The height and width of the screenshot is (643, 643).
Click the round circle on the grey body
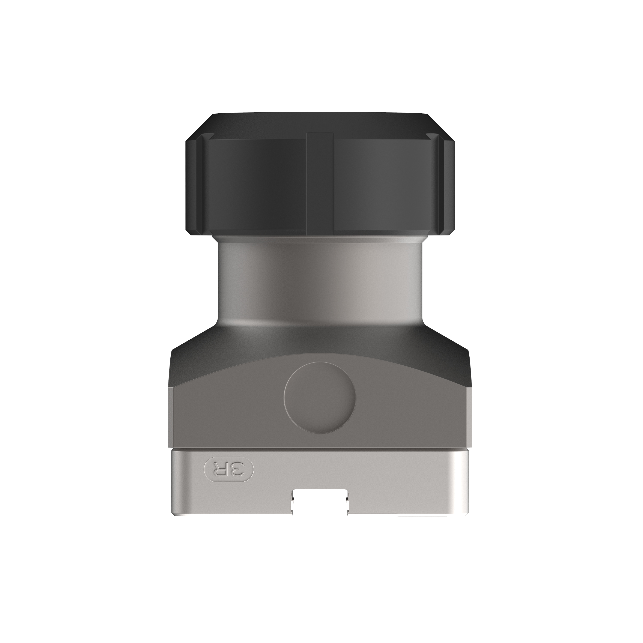[x=320, y=398]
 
